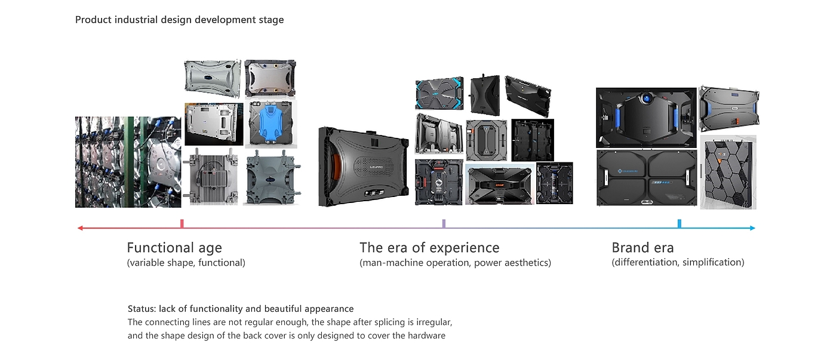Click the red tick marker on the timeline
click(182, 223)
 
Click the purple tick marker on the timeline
click(444, 223)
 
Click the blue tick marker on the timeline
click(680, 223)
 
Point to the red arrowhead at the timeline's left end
click(80, 228)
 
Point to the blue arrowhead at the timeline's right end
click(752, 228)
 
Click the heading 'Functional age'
click(174, 248)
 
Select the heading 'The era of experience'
click(429, 248)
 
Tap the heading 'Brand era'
click(643, 248)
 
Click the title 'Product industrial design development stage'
click(180, 20)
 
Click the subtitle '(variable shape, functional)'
click(186, 263)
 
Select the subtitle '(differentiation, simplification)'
click(678, 262)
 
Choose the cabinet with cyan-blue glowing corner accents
click(439, 93)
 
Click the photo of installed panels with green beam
click(128, 162)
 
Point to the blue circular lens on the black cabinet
click(646, 99)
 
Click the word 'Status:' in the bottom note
click(142, 309)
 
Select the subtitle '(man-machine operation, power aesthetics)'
click(455, 263)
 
